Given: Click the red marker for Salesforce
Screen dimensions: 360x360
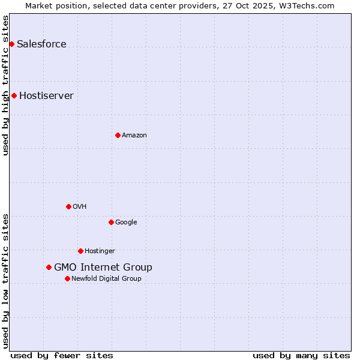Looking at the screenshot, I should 11,44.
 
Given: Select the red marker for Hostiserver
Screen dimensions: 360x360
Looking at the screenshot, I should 14,95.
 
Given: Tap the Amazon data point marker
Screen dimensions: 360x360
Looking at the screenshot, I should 118,135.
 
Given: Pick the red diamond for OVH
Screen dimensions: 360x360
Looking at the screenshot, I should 68,206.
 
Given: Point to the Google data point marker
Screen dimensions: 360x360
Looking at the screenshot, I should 111,222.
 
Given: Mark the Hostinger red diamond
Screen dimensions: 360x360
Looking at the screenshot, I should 80,251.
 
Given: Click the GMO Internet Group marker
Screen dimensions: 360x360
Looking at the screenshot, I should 49,267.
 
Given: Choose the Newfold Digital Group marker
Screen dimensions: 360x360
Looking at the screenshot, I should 67,278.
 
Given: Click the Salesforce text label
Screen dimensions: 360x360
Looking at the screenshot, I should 41,44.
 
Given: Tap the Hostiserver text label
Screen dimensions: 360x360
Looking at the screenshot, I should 46,95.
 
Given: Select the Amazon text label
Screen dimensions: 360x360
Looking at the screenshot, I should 134,135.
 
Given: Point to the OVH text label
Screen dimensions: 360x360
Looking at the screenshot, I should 80,206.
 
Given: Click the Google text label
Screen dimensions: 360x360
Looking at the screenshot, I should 126,222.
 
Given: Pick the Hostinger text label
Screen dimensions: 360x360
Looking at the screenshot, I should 100,251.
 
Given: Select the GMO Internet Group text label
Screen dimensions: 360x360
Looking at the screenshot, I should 103,267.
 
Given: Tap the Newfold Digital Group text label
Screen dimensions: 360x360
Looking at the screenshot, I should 106,278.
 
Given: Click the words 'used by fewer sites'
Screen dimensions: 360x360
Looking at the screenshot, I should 62,355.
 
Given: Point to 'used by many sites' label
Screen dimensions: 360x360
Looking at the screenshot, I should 301,355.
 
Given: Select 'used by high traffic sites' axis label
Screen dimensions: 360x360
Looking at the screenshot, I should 5,85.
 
